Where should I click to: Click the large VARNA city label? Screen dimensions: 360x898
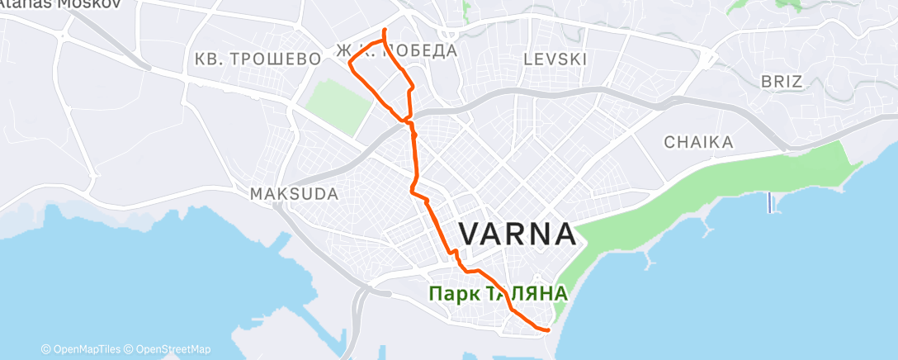click(x=518, y=234)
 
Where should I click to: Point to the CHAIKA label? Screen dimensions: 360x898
click(x=698, y=143)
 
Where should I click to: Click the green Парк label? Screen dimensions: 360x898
click(x=451, y=293)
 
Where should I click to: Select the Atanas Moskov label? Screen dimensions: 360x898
click(x=60, y=3)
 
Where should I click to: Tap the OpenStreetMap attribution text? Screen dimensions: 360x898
click(x=173, y=349)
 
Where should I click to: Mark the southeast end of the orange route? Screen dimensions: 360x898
click(x=548, y=329)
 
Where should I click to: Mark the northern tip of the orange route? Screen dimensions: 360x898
click(x=385, y=30)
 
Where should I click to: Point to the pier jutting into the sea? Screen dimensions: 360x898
click(x=770, y=201)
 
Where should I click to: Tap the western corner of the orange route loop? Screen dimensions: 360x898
click(x=350, y=64)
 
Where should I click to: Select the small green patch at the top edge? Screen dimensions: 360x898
click(x=466, y=12)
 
